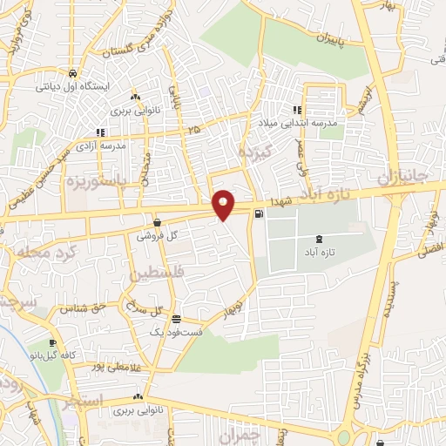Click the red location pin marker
pyautogui.click(x=223, y=205)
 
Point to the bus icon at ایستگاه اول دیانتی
pyautogui.click(x=77, y=74)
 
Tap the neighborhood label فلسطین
pyautogui.click(x=159, y=273)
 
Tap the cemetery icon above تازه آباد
pyautogui.click(x=316, y=239)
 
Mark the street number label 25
pyautogui.click(x=193, y=130)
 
